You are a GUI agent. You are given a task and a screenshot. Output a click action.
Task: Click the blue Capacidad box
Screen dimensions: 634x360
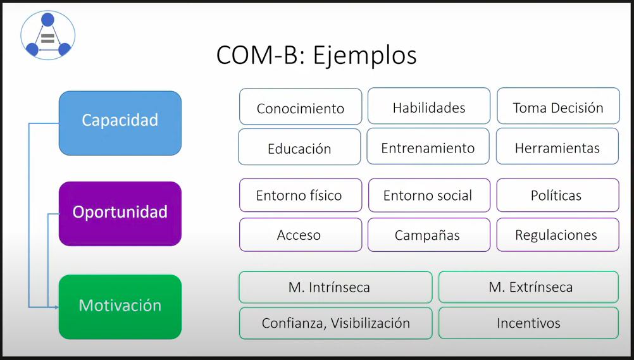(120, 123)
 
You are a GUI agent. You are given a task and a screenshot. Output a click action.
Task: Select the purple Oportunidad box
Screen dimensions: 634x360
(120, 214)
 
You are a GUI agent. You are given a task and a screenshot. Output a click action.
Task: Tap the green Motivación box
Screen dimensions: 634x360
(120, 307)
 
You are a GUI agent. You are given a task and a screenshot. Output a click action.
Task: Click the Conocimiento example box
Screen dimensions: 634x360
(301, 106)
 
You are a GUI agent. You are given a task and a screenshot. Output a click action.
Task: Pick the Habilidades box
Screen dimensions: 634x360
(429, 106)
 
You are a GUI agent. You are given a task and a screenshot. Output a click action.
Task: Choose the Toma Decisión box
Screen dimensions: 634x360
(559, 106)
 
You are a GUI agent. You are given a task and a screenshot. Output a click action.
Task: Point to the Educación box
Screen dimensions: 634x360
(300, 147)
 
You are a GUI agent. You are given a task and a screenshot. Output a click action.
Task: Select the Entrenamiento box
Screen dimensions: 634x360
(428, 146)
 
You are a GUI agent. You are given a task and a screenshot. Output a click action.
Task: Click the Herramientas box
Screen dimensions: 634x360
(557, 146)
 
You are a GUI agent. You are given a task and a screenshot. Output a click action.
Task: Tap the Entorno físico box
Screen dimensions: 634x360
(301, 196)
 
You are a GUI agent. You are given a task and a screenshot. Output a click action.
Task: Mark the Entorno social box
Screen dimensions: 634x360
(430, 196)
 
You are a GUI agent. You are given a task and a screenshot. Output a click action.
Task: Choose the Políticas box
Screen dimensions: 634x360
(558, 196)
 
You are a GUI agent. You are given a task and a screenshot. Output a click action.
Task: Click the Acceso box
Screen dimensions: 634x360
(301, 235)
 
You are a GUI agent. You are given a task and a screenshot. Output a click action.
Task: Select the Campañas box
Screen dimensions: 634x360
(429, 235)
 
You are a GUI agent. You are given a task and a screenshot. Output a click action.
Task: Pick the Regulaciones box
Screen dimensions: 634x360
(558, 235)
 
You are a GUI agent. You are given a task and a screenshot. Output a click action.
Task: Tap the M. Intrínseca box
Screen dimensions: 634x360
(335, 287)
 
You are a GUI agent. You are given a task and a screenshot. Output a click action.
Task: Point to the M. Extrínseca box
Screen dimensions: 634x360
(529, 287)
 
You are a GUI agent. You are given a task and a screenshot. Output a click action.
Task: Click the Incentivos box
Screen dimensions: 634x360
(529, 323)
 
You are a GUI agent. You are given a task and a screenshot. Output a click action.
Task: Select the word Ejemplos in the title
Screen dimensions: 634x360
(364, 56)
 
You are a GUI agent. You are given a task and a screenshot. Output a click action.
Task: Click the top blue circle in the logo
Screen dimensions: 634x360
(47, 20)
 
